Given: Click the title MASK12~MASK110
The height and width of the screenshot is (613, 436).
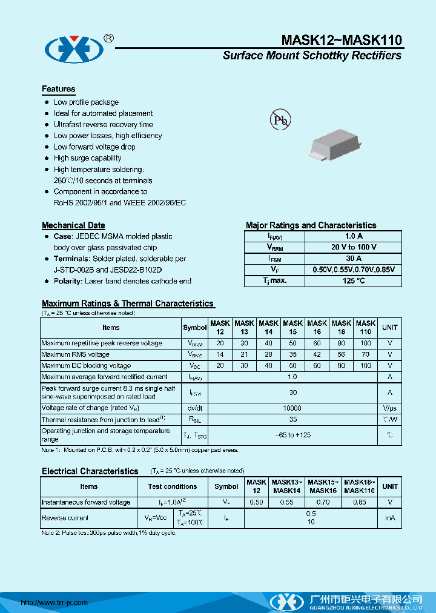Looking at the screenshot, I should click(342, 40).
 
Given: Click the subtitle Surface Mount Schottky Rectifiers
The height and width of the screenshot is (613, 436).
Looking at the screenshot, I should click(312, 56).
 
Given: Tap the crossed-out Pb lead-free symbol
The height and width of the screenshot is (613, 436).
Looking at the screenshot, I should click(280, 120).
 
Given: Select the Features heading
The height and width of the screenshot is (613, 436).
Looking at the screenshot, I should click(59, 89).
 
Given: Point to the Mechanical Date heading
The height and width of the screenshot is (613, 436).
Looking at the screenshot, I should click(73, 225).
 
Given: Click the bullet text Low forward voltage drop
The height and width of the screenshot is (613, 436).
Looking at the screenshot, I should click(94, 147).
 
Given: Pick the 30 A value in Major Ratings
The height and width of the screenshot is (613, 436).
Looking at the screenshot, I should click(353, 259).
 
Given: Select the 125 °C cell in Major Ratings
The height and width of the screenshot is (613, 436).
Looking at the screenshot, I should click(353, 280).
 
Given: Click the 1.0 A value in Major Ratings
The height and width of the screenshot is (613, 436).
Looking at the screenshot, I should click(353, 236).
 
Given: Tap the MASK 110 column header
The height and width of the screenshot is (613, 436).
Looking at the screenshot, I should click(366, 328).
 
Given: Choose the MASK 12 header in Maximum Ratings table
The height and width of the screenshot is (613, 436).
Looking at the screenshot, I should click(220, 328).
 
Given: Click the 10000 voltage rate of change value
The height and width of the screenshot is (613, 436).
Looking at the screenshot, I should click(292, 408).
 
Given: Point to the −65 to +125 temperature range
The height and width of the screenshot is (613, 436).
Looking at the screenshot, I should click(292, 435).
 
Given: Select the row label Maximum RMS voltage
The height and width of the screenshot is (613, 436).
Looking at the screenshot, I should click(76, 354).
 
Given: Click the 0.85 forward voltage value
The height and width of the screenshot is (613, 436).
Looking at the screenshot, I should click(360, 502).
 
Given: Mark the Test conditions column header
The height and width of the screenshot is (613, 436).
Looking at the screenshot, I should click(173, 486).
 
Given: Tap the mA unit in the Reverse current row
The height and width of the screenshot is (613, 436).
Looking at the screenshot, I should click(390, 518).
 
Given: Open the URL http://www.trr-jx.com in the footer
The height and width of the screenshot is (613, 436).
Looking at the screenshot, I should click(54, 602).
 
